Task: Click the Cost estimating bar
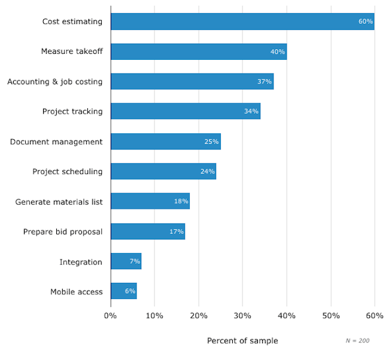pyautogui.click(x=242, y=22)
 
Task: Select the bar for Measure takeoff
pyautogui.click(x=199, y=51)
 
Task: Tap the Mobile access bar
pyautogui.click(x=124, y=291)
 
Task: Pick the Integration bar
pyautogui.click(x=126, y=261)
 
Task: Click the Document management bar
pyautogui.click(x=166, y=142)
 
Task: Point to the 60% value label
pyautogui.click(x=365, y=22)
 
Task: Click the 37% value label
pyautogui.click(x=265, y=81)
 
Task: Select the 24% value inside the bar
pyautogui.click(x=207, y=172)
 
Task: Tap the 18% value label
pyautogui.click(x=181, y=202)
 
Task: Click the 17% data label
pyautogui.click(x=176, y=231)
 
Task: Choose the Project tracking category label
pyautogui.click(x=72, y=111)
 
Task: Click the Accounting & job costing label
pyautogui.click(x=55, y=81)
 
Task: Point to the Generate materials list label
pyautogui.click(x=59, y=202)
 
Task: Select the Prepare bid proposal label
pyautogui.click(x=63, y=231)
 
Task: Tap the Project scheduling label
pyautogui.click(x=68, y=172)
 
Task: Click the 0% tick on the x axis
pyautogui.click(x=111, y=315)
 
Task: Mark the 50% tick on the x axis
pyautogui.click(x=330, y=315)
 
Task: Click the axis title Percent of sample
pyautogui.click(x=242, y=341)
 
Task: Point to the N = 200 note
pyautogui.click(x=357, y=340)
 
